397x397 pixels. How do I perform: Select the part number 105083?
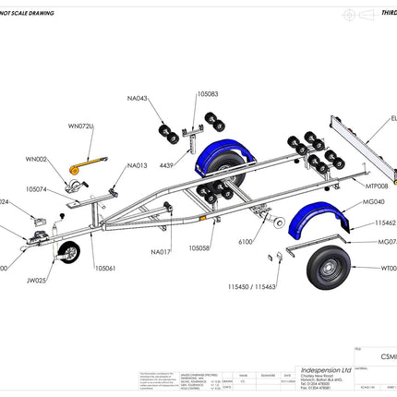(208, 93)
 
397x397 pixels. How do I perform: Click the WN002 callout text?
(36, 159)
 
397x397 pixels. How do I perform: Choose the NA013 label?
(137, 165)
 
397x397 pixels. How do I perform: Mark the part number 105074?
(38, 188)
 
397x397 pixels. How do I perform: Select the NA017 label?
(161, 251)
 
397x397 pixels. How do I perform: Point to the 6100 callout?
(246, 241)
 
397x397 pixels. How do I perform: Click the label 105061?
(104, 268)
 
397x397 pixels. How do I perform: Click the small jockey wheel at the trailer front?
(68, 252)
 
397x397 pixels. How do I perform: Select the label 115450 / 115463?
(252, 287)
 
